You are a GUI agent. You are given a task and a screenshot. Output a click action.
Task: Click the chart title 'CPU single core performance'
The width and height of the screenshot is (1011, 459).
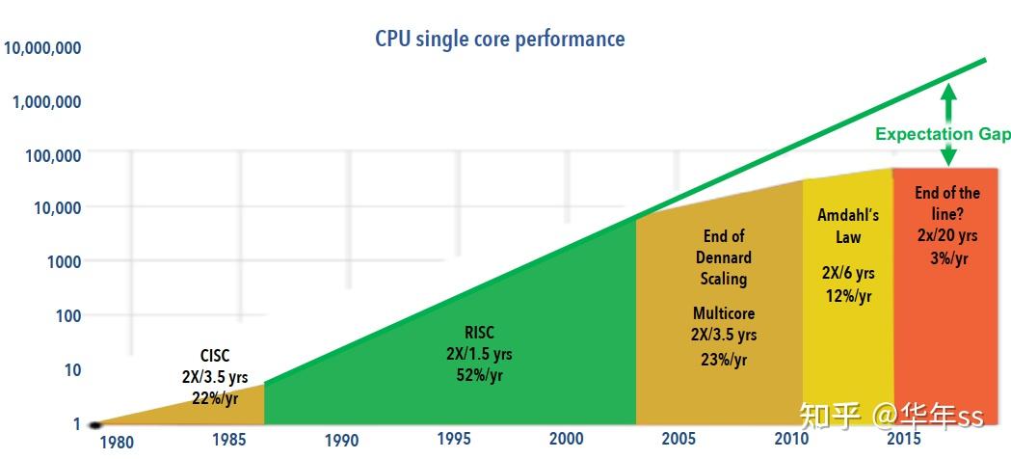499,40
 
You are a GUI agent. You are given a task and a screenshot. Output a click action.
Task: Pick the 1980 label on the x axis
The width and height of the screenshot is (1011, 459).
117,443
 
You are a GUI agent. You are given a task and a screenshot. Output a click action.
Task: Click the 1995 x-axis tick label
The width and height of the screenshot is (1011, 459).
453,439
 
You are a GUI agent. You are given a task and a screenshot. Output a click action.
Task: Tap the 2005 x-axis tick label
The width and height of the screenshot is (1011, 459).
678,439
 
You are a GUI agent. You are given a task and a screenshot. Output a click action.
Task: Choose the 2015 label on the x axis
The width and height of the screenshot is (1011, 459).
903,439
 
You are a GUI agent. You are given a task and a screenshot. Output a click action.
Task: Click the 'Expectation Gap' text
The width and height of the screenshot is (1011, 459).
943,134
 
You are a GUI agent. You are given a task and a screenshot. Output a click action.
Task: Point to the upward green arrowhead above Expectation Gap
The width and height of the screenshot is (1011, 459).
948,93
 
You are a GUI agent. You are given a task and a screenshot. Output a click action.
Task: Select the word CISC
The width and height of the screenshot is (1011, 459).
214,356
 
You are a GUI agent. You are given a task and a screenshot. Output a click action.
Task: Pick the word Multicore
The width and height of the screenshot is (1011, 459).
723,313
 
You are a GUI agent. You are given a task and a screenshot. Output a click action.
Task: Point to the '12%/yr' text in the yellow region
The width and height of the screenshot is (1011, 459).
848,296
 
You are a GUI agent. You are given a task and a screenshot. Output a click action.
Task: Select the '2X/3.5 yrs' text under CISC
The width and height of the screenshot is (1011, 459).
214,377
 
